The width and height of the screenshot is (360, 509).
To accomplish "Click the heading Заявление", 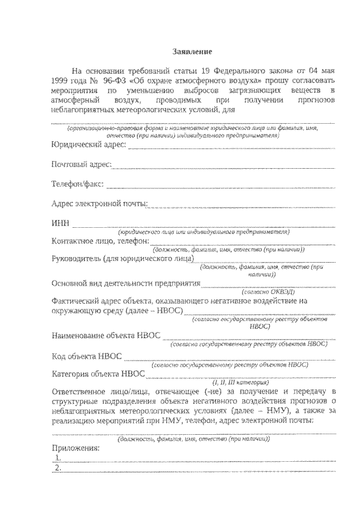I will (192, 52).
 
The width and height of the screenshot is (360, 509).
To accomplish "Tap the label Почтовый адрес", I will (81, 165).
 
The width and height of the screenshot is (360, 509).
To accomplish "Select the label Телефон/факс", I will (77, 184).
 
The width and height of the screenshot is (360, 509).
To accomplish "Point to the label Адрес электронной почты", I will (99, 203).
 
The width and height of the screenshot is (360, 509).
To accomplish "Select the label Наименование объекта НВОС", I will (106, 336).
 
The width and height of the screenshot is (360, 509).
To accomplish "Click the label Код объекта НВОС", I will (87, 356).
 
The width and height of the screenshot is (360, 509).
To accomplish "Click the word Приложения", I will (75, 448).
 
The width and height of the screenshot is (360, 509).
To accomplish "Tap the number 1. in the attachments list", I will (58, 458).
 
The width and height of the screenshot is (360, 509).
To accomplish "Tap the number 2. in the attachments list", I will (58, 468).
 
